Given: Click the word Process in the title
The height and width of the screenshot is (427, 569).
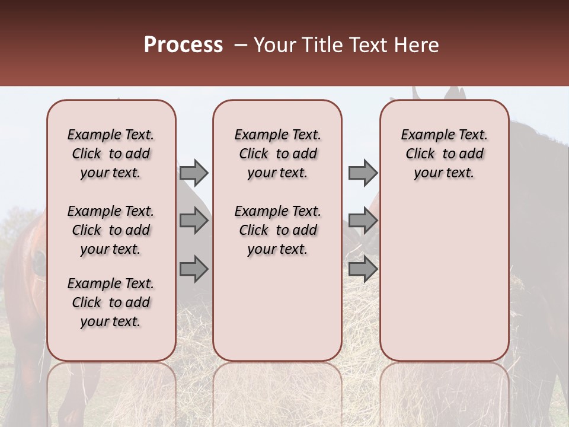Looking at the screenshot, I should [183, 45].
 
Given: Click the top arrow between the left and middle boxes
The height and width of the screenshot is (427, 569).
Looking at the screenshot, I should [194, 173].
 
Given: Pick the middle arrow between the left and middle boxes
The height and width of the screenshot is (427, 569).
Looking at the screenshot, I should [194, 221].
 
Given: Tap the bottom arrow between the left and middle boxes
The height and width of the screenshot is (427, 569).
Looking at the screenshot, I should [194, 269].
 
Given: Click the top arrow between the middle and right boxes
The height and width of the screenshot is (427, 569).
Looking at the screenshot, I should [363, 173].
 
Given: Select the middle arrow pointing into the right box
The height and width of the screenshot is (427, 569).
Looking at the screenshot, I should [363, 221].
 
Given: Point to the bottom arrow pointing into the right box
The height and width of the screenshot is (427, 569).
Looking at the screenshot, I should [363, 269].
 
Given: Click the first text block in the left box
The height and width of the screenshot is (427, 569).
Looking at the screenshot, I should [111, 154].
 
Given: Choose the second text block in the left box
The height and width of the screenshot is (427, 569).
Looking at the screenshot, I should [111, 230].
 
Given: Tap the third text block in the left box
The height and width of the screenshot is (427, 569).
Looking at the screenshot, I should [111, 302].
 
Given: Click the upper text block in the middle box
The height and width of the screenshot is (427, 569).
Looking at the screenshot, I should [277, 154].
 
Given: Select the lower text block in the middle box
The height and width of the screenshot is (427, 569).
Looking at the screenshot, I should [277, 230].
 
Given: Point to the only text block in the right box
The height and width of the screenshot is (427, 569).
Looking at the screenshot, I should [444, 154].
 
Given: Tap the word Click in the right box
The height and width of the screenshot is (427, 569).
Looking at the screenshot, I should [420, 154].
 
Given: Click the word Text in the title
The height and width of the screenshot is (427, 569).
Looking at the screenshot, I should [370, 45].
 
